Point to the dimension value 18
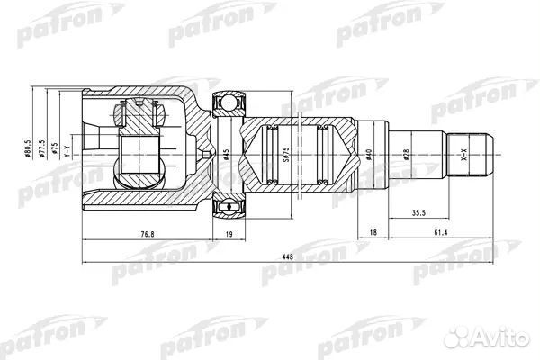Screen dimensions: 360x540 (x=373, y=233)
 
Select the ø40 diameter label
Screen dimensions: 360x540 (x=371, y=155)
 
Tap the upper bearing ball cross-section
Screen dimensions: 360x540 (x=230, y=102)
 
